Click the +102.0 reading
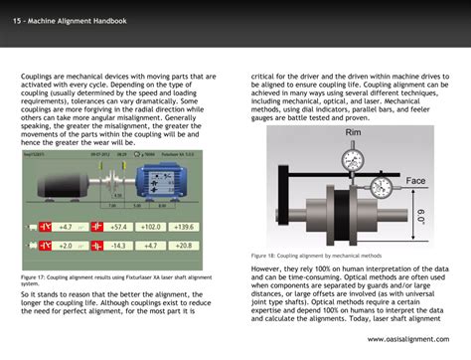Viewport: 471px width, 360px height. click(x=151, y=228)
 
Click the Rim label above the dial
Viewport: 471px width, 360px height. click(x=353, y=133)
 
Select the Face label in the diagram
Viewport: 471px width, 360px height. click(x=416, y=180)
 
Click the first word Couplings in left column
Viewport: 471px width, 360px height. click(x=39, y=76)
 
